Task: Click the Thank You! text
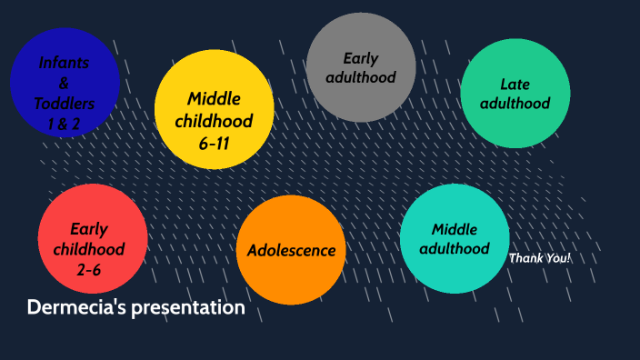click(540, 258)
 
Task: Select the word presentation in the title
click(188, 308)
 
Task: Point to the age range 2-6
click(88, 269)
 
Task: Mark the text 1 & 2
click(64, 123)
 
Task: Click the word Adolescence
click(292, 250)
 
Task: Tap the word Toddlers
click(64, 103)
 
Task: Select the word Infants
click(64, 63)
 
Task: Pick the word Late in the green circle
click(515, 85)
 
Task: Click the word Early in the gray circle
click(361, 58)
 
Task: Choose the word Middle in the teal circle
click(455, 228)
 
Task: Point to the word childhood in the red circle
click(88, 249)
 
